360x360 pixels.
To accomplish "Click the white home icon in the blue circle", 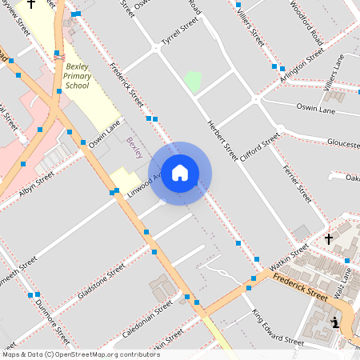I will [x=180, y=173].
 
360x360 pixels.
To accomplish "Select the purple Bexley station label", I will [x=134, y=146].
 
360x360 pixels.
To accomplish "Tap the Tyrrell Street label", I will [x=178, y=34].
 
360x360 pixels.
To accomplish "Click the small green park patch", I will [x=193, y=81].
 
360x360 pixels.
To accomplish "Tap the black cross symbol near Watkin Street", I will [x=328, y=238].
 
